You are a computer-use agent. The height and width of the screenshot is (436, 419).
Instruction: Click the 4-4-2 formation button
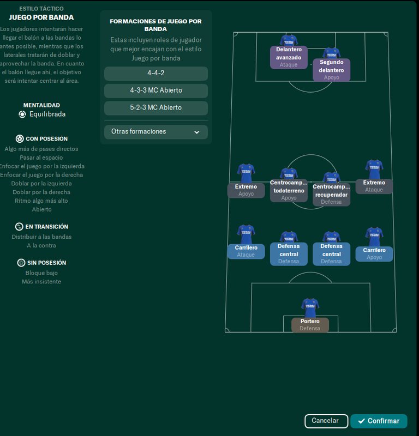(155, 73)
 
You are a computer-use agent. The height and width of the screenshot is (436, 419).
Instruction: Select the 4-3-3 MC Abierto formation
(155, 90)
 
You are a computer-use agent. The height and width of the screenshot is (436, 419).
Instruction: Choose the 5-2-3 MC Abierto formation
(155, 108)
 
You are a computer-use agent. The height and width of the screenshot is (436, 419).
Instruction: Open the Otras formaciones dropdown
(155, 132)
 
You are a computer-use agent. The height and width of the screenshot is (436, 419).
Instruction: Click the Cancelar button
(326, 421)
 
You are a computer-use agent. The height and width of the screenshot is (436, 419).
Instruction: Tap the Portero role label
(310, 325)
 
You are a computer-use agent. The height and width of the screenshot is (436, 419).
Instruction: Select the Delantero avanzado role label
(289, 57)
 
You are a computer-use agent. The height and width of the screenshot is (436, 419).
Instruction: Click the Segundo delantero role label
(331, 70)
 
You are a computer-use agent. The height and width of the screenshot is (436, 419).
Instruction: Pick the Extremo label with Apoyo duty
(246, 190)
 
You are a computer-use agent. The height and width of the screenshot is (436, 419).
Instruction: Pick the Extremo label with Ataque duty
(374, 186)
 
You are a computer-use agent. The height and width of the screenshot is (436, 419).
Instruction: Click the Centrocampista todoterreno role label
(289, 191)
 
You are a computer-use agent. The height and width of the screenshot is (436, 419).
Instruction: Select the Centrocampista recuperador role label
(331, 195)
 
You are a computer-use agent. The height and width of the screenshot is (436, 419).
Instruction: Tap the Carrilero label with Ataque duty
(246, 251)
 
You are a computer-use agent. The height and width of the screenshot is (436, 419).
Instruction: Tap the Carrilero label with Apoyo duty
(374, 254)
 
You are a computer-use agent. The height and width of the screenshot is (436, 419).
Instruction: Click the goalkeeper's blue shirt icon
(310, 306)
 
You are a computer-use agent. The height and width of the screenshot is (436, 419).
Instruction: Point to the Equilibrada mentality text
(47, 114)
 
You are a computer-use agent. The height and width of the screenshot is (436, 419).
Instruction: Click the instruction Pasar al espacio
(41, 158)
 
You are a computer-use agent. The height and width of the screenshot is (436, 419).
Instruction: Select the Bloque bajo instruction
(41, 273)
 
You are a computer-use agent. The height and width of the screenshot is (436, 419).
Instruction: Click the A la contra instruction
(41, 246)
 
